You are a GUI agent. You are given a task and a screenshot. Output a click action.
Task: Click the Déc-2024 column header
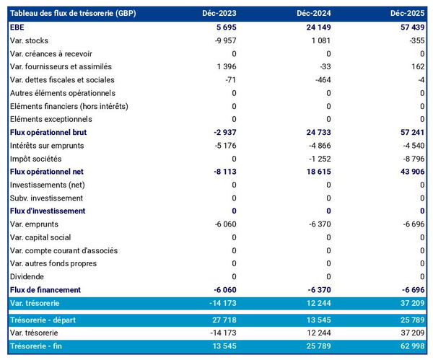coord(312,14)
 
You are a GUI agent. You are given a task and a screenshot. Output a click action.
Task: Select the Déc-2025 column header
coord(406,14)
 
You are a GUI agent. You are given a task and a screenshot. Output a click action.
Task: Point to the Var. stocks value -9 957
coord(222,40)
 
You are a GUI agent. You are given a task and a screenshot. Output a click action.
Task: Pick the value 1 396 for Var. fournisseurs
coord(224,66)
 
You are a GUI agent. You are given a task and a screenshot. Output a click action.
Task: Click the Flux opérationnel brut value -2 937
coord(222,132)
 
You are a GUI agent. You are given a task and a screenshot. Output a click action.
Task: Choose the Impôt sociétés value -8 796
coord(409,158)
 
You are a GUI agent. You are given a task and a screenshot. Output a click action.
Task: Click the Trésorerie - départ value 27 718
coord(221,319)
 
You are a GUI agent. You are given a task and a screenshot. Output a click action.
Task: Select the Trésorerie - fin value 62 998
coord(408,346)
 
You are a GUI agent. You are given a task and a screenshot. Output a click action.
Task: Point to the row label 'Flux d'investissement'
coord(48,211)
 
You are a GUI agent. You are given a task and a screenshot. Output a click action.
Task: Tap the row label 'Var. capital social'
coord(41,237)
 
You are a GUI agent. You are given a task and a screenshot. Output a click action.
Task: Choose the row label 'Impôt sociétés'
coord(36,158)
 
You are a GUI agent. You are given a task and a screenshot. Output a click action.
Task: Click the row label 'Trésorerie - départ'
coord(45,319)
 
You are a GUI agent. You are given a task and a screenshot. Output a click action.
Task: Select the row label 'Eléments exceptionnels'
coord(51,119)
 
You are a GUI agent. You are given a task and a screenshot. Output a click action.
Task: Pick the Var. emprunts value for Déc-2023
coord(222,224)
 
